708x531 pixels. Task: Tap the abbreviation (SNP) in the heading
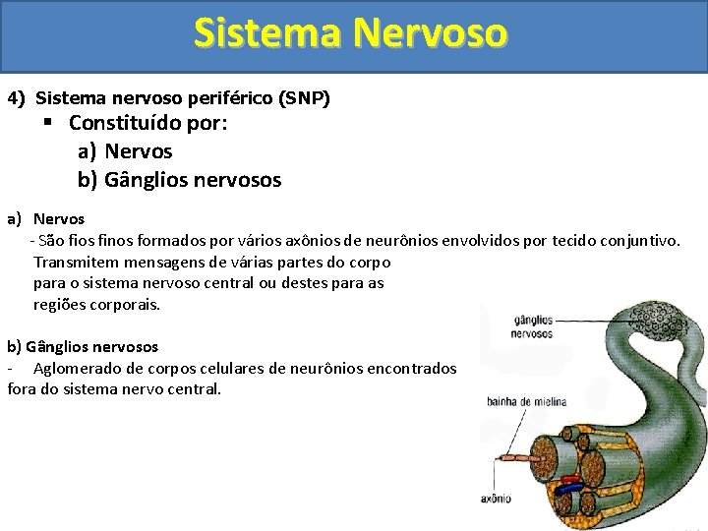305,98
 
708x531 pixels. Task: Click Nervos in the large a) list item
138,152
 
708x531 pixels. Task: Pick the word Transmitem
75,263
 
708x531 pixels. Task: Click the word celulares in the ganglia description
229,368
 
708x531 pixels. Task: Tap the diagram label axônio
496,499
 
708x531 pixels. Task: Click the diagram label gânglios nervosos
532,325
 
